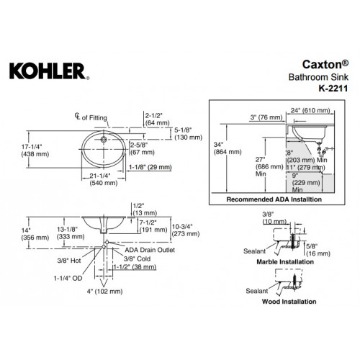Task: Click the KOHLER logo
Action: coord(50,71)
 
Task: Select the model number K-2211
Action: coord(333,89)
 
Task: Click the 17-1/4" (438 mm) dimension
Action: coord(35,150)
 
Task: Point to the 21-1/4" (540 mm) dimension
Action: coord(104,179)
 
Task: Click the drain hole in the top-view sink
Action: coord(104,139)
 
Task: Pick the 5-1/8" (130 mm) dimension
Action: coord(188,134)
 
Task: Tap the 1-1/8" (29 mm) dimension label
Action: coord(150,167)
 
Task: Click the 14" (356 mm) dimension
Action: coord(35,234)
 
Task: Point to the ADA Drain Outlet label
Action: coord(150,250)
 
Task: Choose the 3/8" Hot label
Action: coord(69,261)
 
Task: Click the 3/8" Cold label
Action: coord(137,258)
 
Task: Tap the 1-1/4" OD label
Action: coord(68,278)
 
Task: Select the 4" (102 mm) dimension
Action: coord(104,292)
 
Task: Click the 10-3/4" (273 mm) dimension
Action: coord(186,230)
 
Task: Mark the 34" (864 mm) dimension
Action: coord(228,148)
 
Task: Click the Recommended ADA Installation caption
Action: coord(274,199)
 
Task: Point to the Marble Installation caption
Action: coord(285,262)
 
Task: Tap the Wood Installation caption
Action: coord(289,302)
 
